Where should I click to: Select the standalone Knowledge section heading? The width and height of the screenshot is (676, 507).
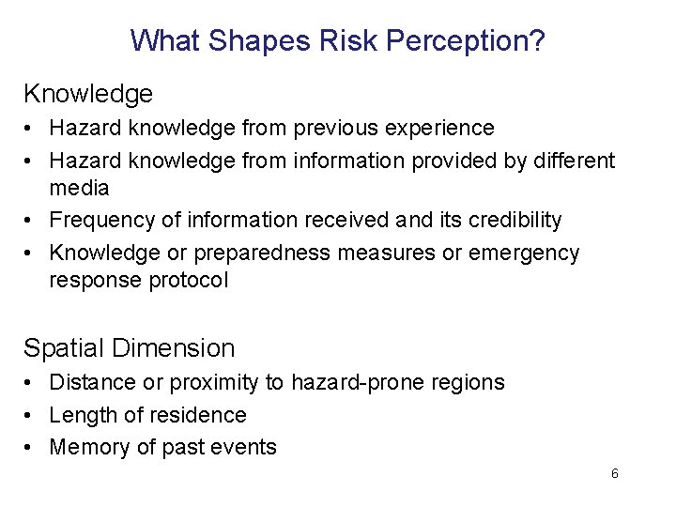coord(88,94)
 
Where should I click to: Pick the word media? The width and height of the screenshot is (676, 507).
coord(79,188)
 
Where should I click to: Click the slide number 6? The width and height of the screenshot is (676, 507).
coord(614,474)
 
